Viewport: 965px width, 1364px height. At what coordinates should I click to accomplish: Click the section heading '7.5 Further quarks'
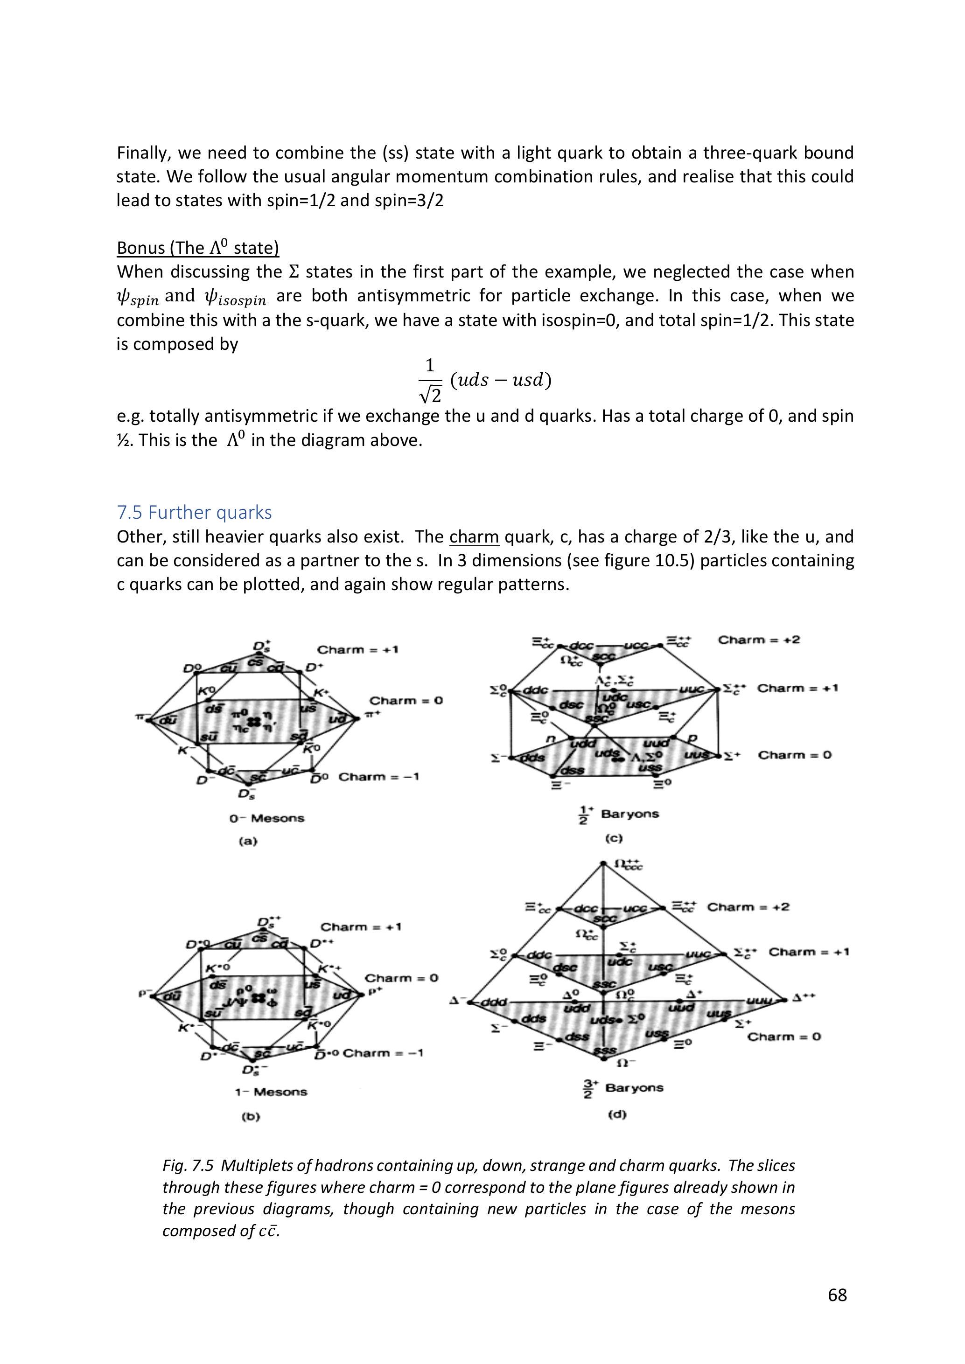[194, 512]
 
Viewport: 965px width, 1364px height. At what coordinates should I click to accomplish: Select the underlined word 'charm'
[474, 537]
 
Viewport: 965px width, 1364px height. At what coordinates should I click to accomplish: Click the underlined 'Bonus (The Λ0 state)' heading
[198, 247]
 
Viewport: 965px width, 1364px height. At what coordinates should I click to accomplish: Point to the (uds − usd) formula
[501, 380]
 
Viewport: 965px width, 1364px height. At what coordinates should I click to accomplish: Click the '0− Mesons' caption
[267, 818]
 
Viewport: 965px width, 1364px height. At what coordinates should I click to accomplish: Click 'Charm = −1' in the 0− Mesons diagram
[378, 776]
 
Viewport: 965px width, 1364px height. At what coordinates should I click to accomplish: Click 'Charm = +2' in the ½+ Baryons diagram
[759, 640]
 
